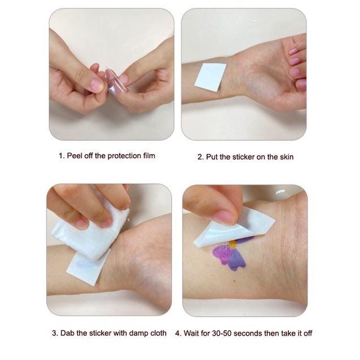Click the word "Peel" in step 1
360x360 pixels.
[x=75, y=156]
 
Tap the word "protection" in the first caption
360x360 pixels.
[x=124, y=156]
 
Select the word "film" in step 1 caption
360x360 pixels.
[x=149, y=156]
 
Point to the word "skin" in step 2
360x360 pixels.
[x=287, y=157]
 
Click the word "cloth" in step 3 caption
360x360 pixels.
[x=158, y=333]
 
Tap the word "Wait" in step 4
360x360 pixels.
[x=191, y=333]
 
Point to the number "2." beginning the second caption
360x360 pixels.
[x=201, y=157]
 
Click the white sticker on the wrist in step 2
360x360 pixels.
[x=210, y=77]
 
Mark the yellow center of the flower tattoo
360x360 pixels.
[x=232, y=244]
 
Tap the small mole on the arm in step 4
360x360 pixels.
[x=234, y=281]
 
